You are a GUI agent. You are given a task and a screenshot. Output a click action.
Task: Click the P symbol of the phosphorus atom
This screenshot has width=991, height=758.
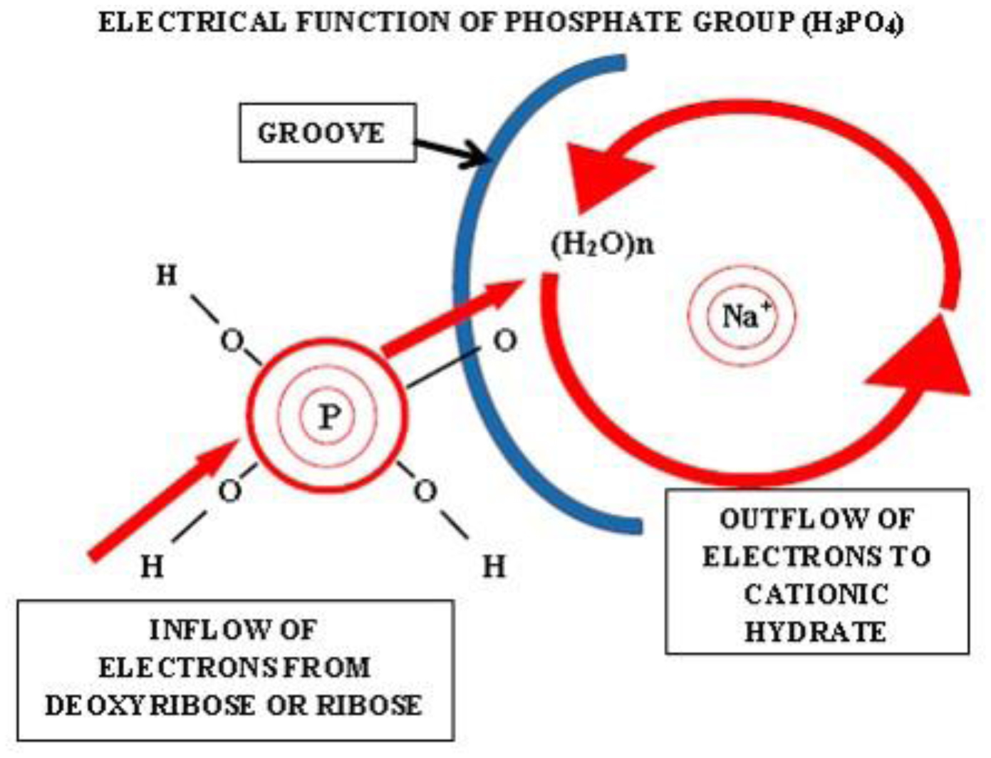click(328, 416)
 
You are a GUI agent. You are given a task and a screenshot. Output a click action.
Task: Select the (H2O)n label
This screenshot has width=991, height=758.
click(602, 246)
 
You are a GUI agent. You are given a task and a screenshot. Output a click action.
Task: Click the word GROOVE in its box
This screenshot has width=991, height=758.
click(321, 133)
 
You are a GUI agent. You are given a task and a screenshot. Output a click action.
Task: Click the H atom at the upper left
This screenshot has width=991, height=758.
click(166, 276)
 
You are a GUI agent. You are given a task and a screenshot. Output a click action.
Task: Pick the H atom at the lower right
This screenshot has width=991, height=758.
click(494, 566)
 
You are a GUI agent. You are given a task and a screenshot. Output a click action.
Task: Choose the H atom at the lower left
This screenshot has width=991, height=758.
click(152, 567)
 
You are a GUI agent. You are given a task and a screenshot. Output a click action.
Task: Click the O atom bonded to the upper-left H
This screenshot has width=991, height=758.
click(232, 342)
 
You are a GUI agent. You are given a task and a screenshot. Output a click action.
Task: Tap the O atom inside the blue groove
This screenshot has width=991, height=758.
click(505, 341)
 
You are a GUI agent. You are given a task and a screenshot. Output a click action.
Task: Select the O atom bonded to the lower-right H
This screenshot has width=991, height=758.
click(426, 491)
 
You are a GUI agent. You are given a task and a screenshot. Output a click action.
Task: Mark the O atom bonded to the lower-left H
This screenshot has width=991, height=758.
click(230, 491)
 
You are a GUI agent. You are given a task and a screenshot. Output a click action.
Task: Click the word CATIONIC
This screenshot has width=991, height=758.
click(816, 595)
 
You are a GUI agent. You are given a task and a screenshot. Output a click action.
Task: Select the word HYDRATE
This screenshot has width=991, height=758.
click(815, 632)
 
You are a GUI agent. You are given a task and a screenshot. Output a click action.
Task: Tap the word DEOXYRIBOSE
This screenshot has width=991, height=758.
click(150, 705)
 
